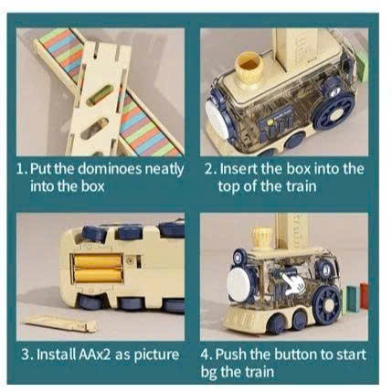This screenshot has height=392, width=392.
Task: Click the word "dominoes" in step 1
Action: [x=110, y=168]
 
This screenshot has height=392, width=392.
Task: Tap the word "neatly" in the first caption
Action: [x=164, y=170]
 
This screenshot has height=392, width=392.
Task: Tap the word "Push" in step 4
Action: [x=231, y=355]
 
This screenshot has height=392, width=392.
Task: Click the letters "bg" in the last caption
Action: [x=208, y=373]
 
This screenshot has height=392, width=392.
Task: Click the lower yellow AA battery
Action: [x=98, y=275]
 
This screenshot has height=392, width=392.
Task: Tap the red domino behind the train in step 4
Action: [x=364, y=296]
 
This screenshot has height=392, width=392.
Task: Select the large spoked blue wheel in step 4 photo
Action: [x=327, y=303]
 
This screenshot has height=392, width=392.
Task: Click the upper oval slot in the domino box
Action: [x=100, y=95]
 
